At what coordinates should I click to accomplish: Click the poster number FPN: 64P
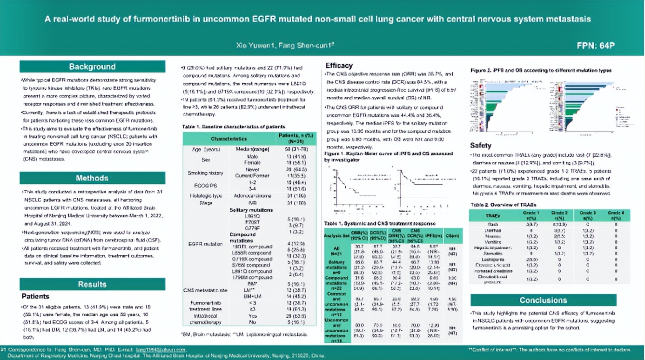[596, 46]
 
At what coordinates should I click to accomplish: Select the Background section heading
[92, 67]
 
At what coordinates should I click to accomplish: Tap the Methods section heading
[92, 178]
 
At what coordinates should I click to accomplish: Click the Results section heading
[92, 284]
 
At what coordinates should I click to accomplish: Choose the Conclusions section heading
[543, 300]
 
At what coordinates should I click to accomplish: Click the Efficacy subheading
[339, 66]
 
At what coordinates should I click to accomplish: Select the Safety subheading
[480, 146]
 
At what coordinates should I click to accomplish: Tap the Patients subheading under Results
[35, 296]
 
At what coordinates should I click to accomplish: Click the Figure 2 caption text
[540, 70]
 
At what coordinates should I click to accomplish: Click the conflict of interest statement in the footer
[549, 349]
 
